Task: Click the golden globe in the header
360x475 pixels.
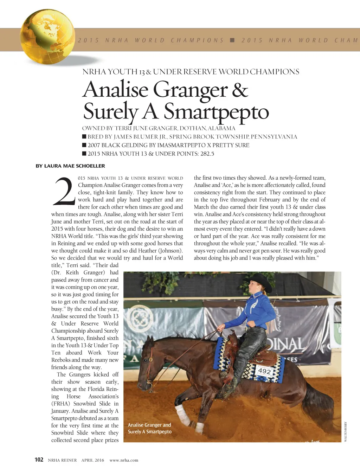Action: click(x=47, y=37)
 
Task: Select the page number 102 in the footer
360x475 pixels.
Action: click(x=39, y=460)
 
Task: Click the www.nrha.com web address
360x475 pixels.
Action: click(x=124, y=460)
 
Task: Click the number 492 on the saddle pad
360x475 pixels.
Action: click(x=264, y=371)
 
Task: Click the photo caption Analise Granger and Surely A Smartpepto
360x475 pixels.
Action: click(x=149, y=428)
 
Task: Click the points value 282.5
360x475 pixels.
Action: click(x=207, y=154)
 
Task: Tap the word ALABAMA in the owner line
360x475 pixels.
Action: click(x=221, y=128)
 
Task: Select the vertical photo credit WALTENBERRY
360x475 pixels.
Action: click(x=346, y=431)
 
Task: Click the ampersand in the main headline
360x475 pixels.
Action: click(x=240, y=90)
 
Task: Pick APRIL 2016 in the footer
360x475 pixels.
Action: click(x=93, y=460)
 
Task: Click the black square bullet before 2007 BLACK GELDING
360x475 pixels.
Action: click(x=84, y=145)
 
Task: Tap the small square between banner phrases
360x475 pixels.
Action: click(x=232, y=40)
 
